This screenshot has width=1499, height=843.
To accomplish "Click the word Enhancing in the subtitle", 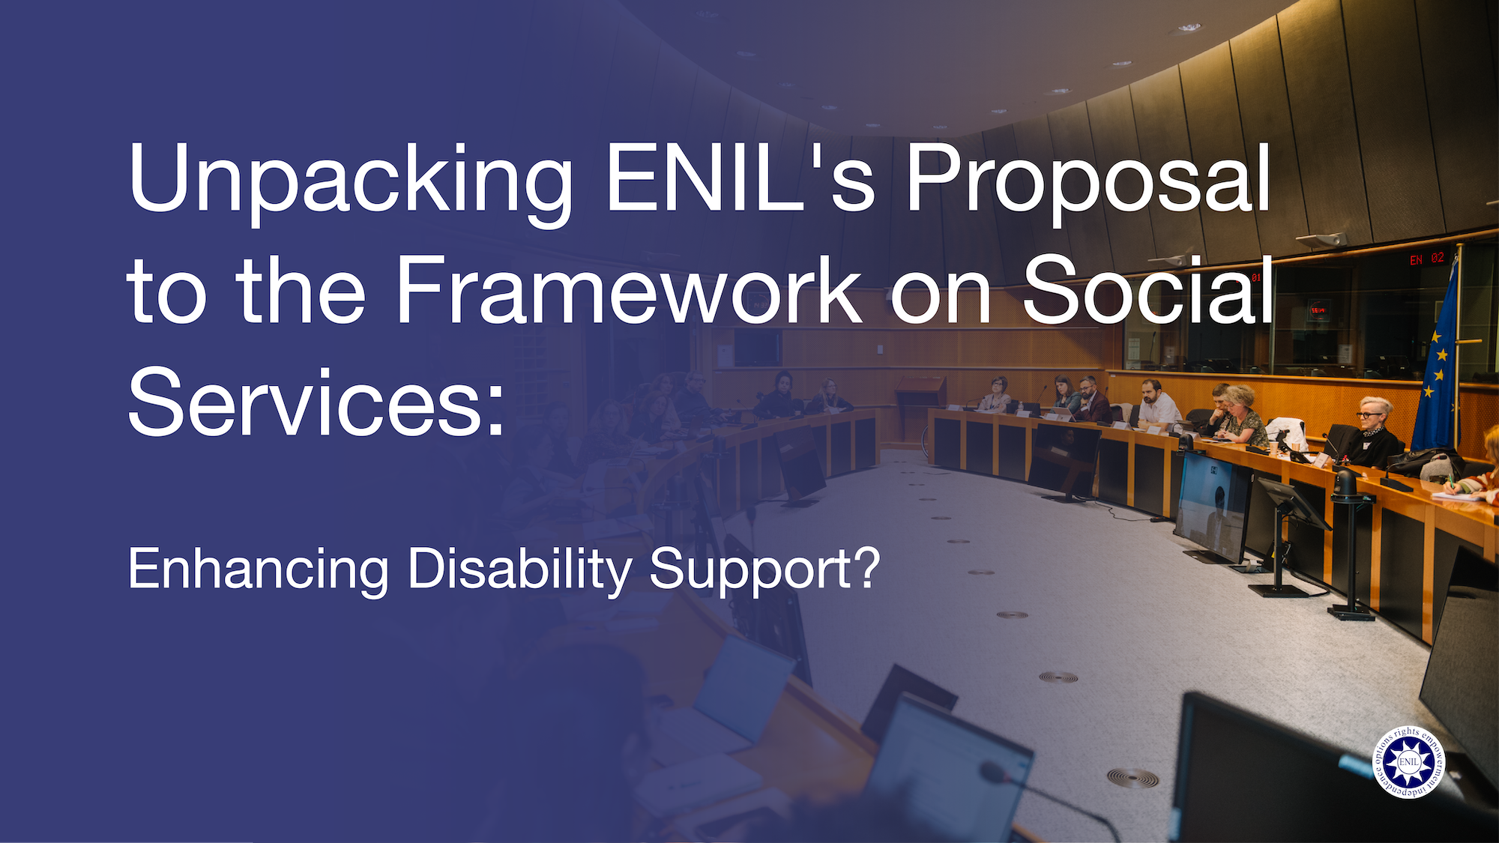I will click(259, 569).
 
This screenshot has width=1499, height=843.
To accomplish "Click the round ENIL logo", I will click(1408, 762).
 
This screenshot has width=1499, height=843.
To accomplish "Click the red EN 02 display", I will click(1426, 259).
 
